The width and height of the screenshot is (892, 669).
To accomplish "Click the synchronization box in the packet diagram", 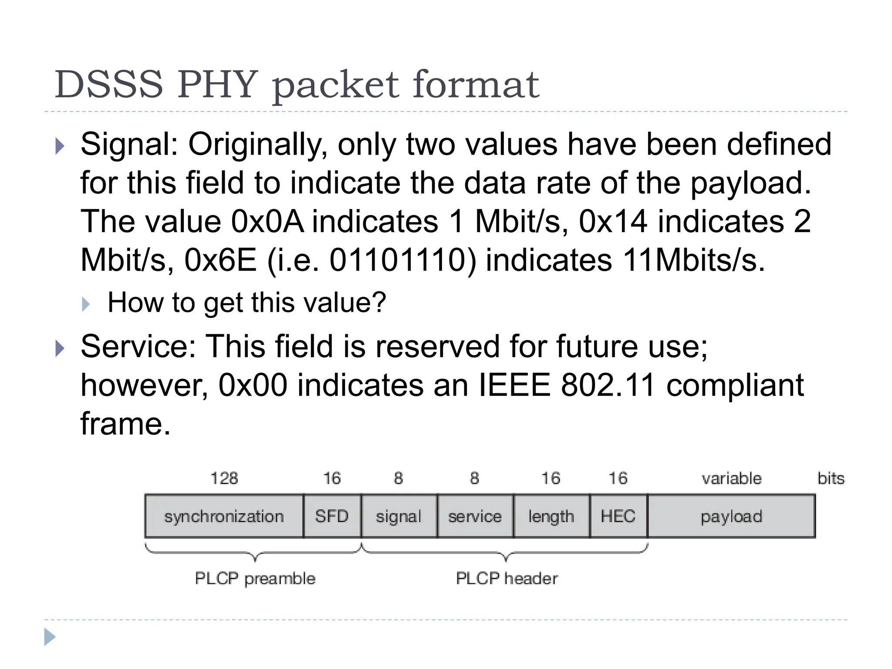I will pyautogui.click(x=224, y=517).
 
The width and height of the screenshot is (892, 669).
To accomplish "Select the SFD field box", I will pyautogui.click(x=332, y=517).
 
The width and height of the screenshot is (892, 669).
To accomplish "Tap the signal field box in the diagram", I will pyautogui.click(x=399, y=517).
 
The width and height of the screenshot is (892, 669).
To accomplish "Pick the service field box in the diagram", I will pyautogui.click(x=475, y=517).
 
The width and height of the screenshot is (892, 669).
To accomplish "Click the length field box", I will pyautogui.click(x=551, y=517).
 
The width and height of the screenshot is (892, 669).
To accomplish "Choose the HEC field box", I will pyautogui.click(x=618, y=517).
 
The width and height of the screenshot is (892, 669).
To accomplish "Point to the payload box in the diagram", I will pyautogui.click(x=731, y=517).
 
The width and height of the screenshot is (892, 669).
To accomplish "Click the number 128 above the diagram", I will pyautogui.click(x=224, y=478).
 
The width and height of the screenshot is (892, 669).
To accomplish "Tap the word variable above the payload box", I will pyautogui.click(x=731, y=478).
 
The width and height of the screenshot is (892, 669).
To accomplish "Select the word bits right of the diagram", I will pyautogui.click(x=831, y=478).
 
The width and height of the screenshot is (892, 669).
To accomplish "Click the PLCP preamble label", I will pyautogui.click(x=255, y=578).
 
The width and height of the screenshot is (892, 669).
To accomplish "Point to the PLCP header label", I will pyautogui.click(x=507, y=578).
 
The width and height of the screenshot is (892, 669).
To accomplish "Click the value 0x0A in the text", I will pyautogui.click(x=267, y=221).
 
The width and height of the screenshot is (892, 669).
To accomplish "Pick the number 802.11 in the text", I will pyautogui.click(x=608, y=385).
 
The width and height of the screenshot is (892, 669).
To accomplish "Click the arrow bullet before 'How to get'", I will pyautogui.click(x=86, y=304).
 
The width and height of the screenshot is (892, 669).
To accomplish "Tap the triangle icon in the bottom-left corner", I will pyautogui.click(x=50, y=637).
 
